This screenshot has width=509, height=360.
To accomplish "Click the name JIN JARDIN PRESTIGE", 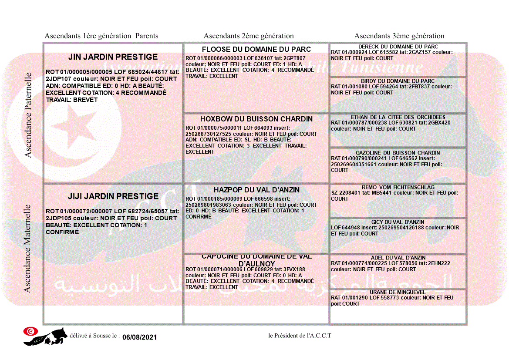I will (x=113, y=57).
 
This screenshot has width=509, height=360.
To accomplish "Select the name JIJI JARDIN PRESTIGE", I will (x=113, y=196).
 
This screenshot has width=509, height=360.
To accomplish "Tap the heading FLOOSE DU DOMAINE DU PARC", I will (x=256, y=49).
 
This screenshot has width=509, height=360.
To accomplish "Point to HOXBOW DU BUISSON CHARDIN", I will (x=256, y=119).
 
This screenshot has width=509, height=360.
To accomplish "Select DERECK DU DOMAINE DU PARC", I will (x=398, y=47).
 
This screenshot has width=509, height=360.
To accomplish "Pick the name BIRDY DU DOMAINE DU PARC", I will (x=398, y=81).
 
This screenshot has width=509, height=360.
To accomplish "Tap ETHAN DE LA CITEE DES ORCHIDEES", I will (x=398, y=117).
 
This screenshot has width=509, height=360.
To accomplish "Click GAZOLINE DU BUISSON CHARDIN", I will (x=398, y=153).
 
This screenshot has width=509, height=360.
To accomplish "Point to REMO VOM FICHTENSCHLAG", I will (x=398, y=187).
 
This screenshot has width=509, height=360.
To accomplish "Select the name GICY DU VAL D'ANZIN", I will (x=398, y=222).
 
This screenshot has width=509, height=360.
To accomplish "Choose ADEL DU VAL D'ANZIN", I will (x=398, y=258).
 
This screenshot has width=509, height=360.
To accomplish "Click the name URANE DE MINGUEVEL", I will (x=398, y=292).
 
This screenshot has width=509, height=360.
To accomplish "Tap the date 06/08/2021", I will (x=139, y=337).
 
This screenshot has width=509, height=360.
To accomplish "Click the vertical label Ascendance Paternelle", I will (x=28, y=115).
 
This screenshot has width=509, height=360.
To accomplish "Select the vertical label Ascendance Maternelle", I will (x=27, y=248).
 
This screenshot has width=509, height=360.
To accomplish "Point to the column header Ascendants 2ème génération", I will (x=249, y=36).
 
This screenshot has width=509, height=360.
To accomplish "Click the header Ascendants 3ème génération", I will (x=399, y=36).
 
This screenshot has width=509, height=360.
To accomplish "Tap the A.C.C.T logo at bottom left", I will (x=45, y=336).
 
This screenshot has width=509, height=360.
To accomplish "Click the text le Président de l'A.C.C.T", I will (x=300, y=336).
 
